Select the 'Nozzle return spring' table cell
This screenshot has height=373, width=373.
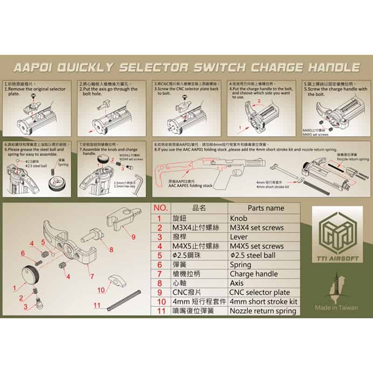pos(263,311)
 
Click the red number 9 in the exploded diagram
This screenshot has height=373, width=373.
pos(134,237)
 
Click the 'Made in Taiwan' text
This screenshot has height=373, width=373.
pos(336,308)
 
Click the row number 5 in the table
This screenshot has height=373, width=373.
pos(159,255)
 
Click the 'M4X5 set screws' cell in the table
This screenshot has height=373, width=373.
pos(256,246)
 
